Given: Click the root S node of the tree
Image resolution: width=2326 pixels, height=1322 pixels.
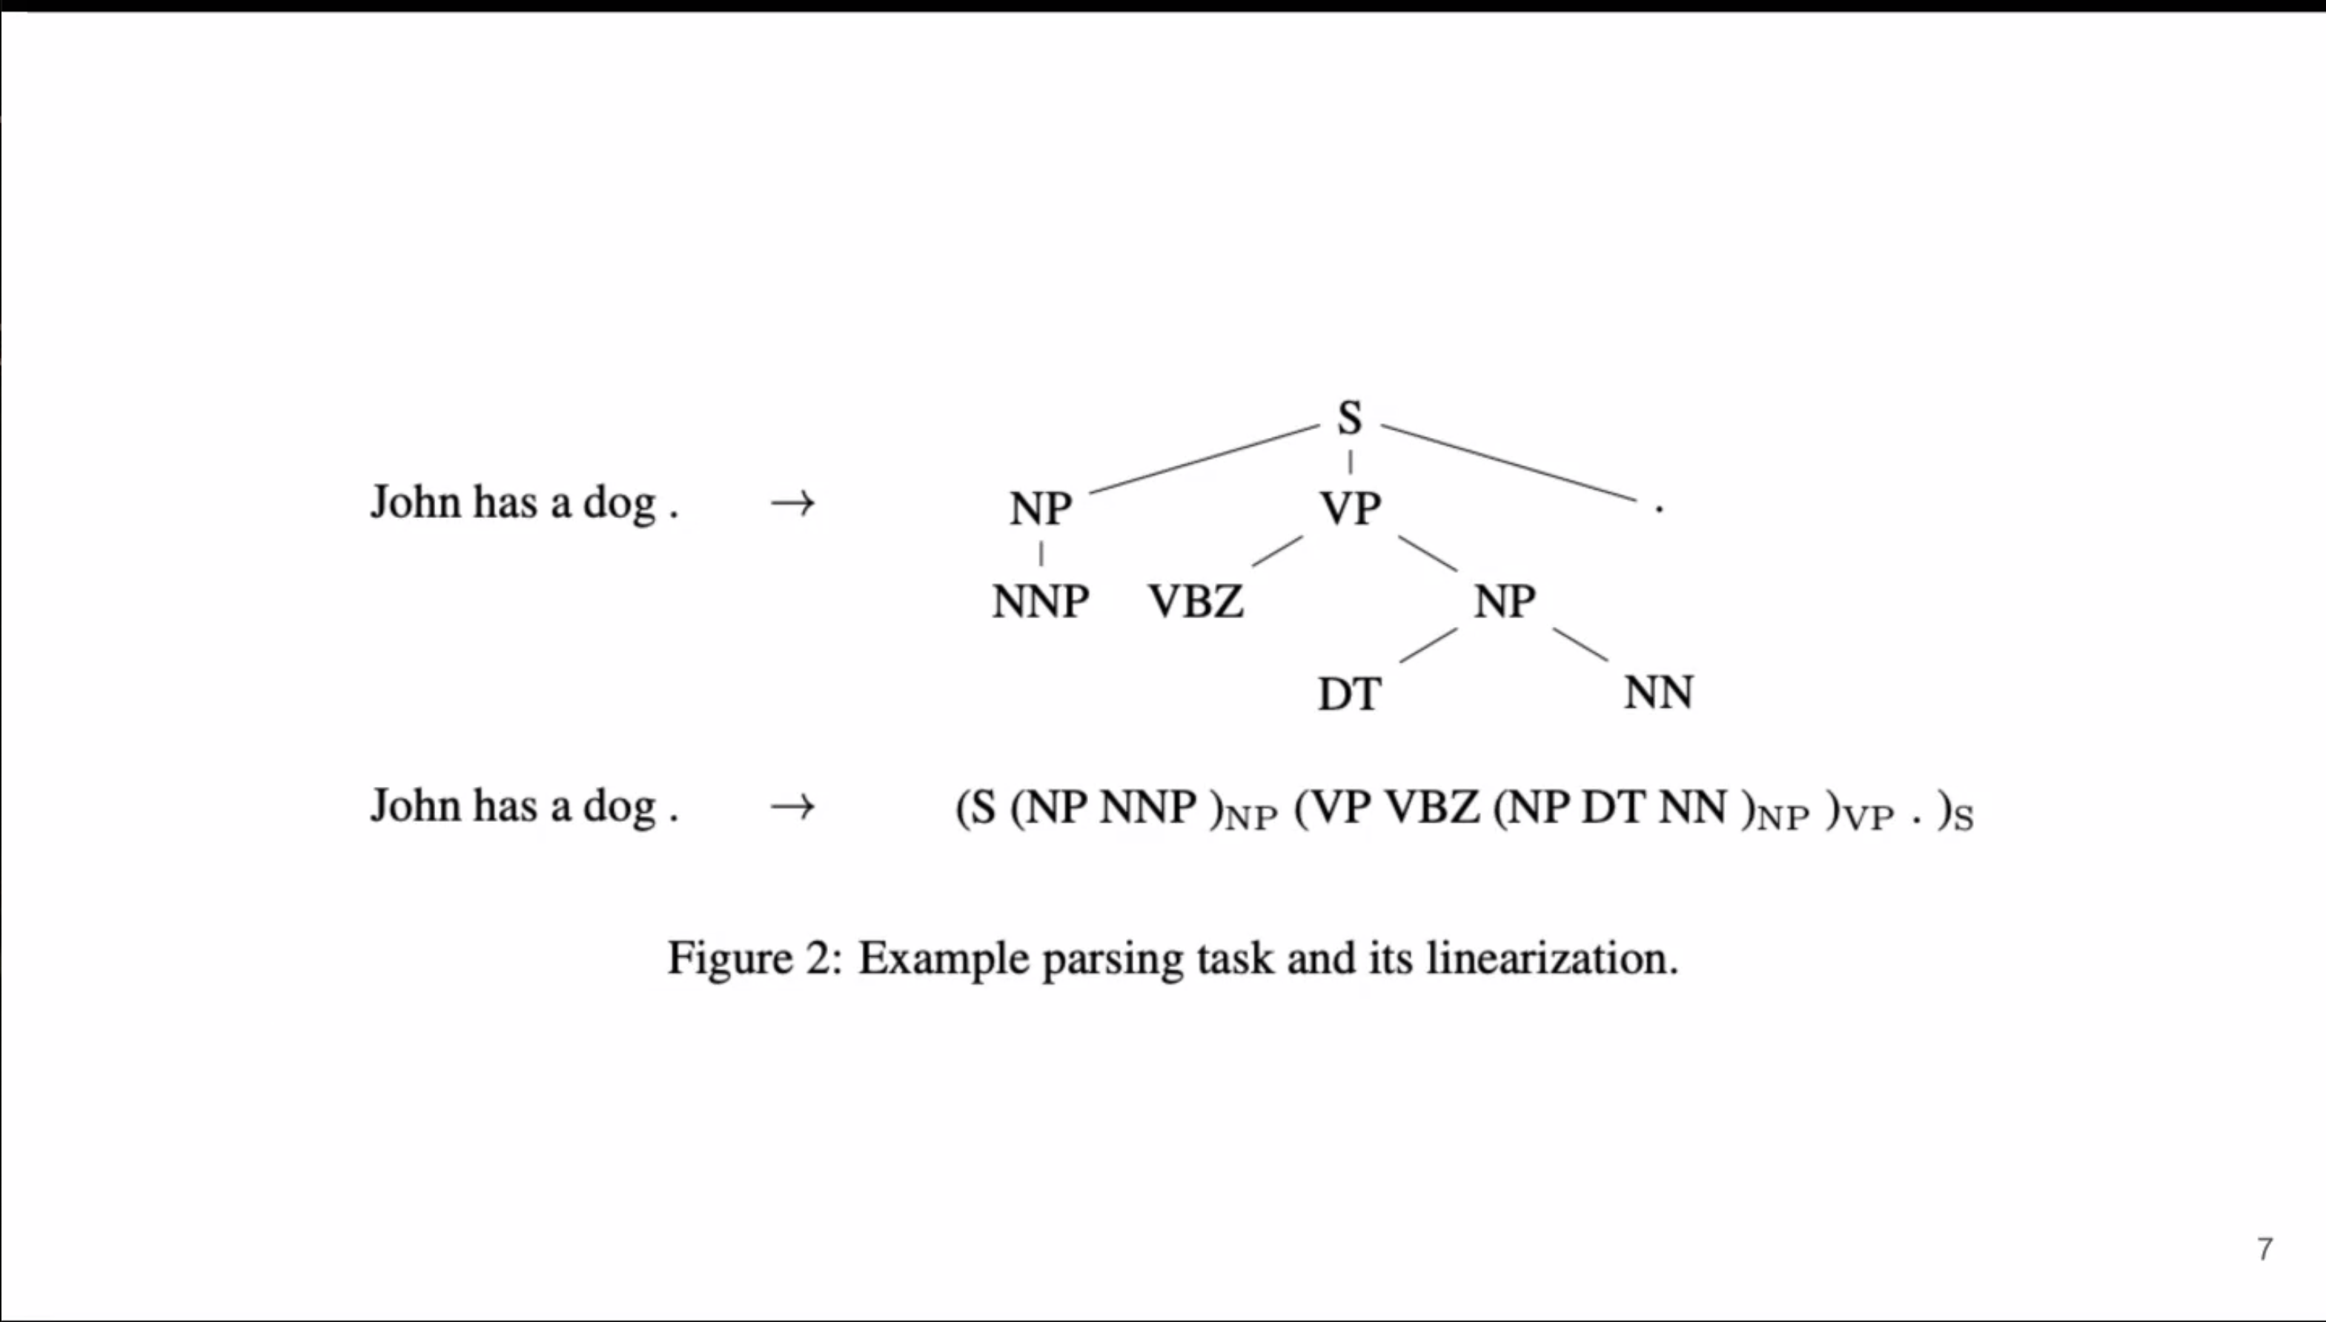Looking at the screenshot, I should pos(1350,419).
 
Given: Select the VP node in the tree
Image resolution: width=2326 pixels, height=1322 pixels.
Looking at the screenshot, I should pos(1351,508).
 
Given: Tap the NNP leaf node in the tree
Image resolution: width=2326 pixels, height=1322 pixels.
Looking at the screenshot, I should pos(1041,601).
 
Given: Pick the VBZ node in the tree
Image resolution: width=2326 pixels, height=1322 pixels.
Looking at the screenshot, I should pos(1196,601).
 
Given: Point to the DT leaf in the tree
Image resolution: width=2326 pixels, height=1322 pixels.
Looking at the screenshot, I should pos(1350,694).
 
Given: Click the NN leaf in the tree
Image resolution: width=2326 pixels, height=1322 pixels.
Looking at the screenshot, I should pos(1658,693).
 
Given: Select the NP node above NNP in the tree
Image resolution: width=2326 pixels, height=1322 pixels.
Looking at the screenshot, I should pos(1041,508).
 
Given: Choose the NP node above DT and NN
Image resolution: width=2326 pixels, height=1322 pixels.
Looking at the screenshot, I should pos(1505,601).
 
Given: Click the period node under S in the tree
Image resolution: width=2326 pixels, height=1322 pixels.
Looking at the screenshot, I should pos(1658,509).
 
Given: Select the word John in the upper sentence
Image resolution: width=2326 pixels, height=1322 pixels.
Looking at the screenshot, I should pos(415,502).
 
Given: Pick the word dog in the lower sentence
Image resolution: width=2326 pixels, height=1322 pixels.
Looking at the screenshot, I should pos(620,806).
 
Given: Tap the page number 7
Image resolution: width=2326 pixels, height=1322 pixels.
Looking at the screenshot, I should pos(2265,1249).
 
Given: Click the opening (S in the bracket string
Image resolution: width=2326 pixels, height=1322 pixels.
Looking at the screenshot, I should pos(976,807).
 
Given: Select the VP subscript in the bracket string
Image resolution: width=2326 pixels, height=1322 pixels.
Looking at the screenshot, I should pos(1870,819).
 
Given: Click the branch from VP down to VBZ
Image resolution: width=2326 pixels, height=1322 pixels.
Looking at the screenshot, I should pos(1277,551).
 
